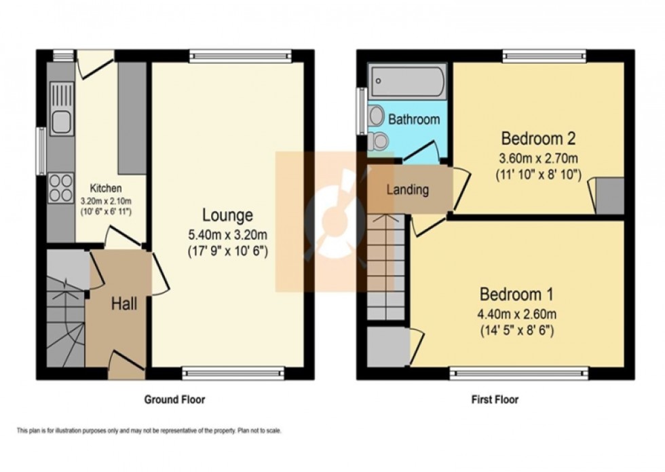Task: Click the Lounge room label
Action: pos(227,216)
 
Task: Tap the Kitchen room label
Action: pos(107,188)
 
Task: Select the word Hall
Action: pos(124,304)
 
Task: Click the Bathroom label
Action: pos(414,120)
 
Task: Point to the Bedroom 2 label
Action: pos(538,139)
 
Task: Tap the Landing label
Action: pos(408,189)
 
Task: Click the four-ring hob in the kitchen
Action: pos(61,187)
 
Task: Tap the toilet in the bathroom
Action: pos(379,141)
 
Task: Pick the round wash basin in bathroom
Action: pos(375,117)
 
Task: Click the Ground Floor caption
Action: pos(174,399)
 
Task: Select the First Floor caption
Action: pos(495,399)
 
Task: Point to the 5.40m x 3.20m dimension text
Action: pos(227,235)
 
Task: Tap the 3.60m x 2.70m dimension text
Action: pos(538,158)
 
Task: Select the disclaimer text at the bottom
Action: pos(149,431)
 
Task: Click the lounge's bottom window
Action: pos(234,372)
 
